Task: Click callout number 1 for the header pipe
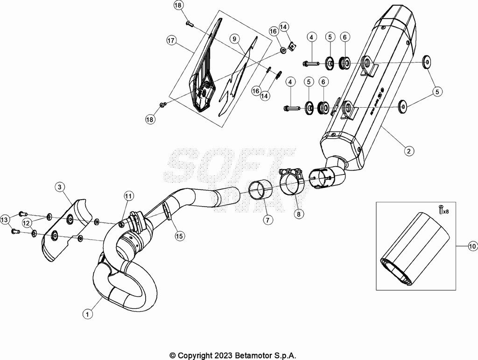[x=86, y=314]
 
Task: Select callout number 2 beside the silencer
[x=408, y=151]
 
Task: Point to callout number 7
[x=267, y=220]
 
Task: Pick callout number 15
[x=179, y=236]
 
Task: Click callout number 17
[x=171, y=41]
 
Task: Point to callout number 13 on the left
[x=5, y=220]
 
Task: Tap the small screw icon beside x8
[x=439, y=210]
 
